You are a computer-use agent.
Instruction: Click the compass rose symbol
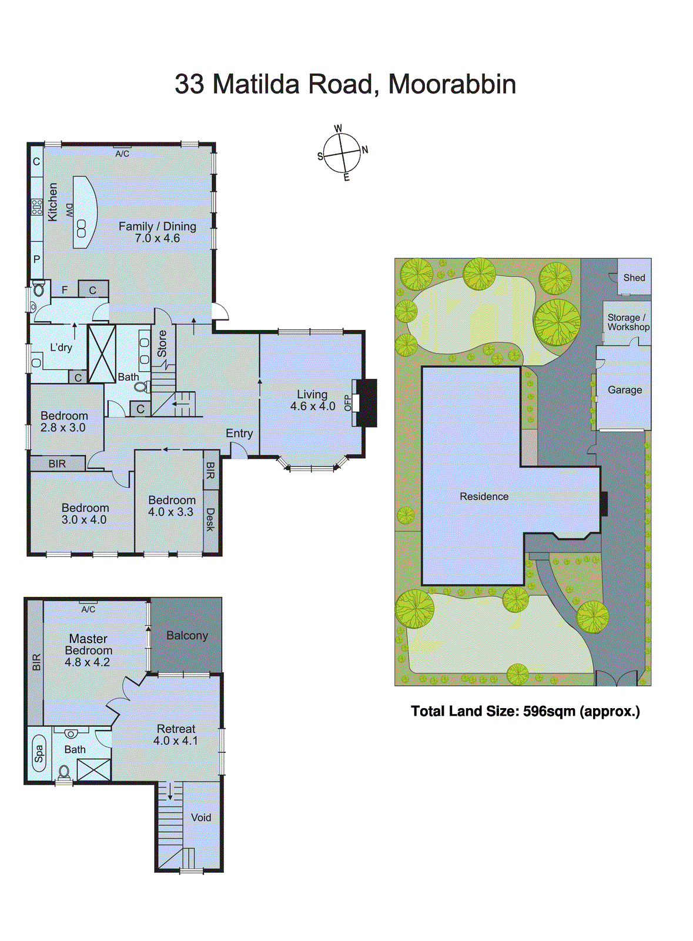pyautogui.click(x=342, y=154)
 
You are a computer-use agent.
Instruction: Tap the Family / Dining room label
pyautogui.click(x=157, y=226)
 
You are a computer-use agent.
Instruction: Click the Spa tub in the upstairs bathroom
pyautogui.click(x=39, y=754)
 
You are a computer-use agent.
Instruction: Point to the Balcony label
pyautogui.click(x=187, y=636)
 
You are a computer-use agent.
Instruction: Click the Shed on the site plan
pyautogui.click(x=634, y=278)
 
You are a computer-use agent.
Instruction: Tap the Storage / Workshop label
pyautogui.click(x=628, y=322)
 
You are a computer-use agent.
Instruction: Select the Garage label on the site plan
pyautogui.click(x=624, y=390)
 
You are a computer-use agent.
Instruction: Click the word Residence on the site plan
pyautogui.click(x=484, y=496)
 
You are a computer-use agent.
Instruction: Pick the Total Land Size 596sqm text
pyautogui.click(x=525, y=711)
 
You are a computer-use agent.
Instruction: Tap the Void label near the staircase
pyautogui.click(x=200, y=817)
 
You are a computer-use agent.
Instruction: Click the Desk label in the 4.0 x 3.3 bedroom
pyautogui.click(x=210, y=519)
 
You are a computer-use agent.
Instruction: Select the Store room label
pyautogui.click(x=162, y=343)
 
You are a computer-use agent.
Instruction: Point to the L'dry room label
pyautogui.click(x=61, y=348)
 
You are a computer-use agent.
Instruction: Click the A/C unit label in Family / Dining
pyautogui.click(x=122, y=154)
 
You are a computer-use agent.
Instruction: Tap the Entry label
pyautogui.click(x=239, y=433)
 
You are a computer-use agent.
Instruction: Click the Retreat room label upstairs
pyautogui.click(x=176, y=729)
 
